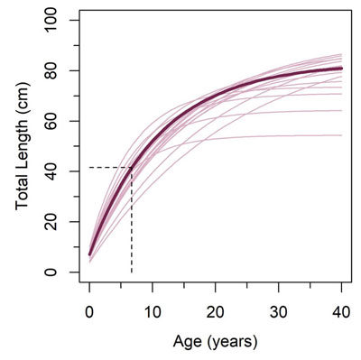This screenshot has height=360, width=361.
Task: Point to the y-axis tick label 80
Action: coord(57,70)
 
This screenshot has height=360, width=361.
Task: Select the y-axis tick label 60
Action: coord(57,121)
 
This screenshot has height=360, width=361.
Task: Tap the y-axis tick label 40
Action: coord(57,171)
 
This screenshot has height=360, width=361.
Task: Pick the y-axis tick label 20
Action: coord(57,222)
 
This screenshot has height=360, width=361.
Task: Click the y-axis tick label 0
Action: coord(57,272)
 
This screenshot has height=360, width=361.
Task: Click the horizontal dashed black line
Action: coord(108,168)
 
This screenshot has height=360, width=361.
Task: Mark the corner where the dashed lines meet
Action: coord(132,168)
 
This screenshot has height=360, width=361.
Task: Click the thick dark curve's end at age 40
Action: coord(342,69)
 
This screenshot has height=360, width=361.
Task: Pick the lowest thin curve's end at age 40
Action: coord(342,135)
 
